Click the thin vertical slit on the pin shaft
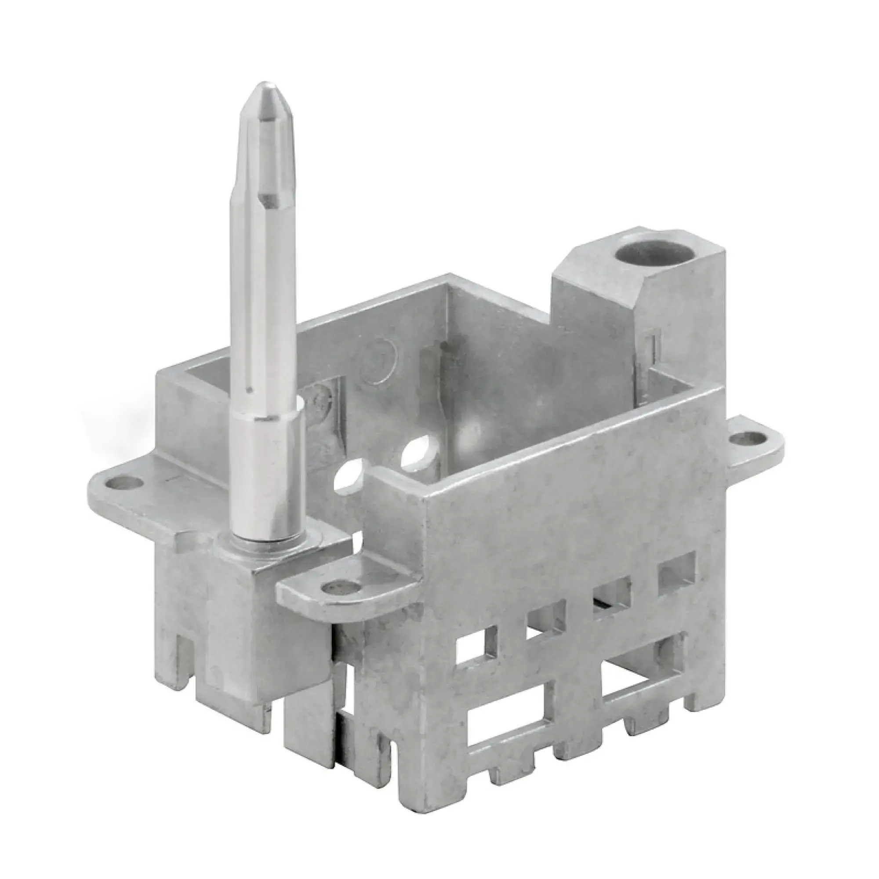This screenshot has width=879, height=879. point(248,346)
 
